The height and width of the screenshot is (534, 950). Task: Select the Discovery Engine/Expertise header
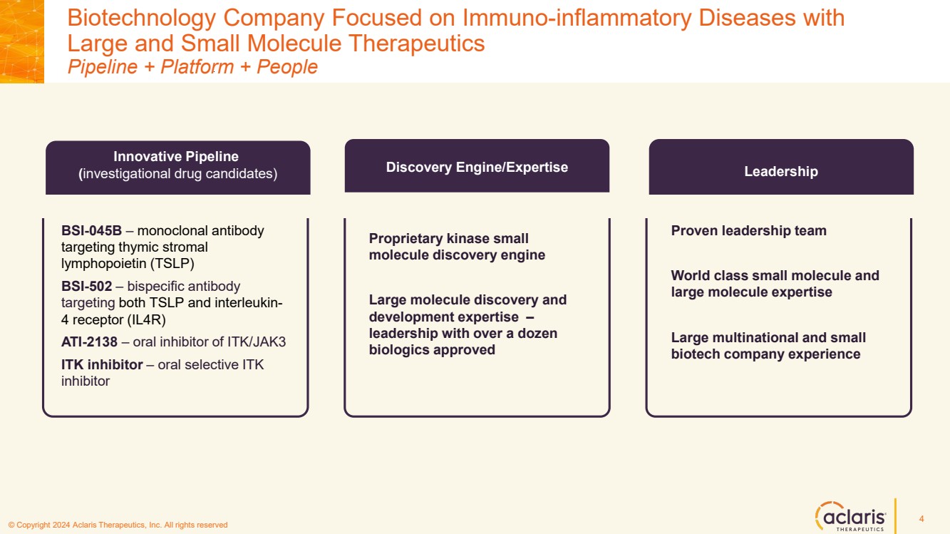(477, 167)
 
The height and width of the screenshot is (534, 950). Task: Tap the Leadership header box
(780, 171)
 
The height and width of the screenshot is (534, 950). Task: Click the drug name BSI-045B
(92, 231)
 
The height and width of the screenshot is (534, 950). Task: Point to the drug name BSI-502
(87, 287)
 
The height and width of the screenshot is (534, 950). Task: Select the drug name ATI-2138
(89, 342)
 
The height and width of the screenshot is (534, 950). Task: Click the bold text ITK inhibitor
(102, 365)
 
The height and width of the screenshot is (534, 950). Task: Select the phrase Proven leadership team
(748, 231)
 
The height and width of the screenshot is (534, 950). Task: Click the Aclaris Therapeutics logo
(850, 515)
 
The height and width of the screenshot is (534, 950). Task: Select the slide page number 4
(921, 518)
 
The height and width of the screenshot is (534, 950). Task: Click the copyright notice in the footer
(118, 525)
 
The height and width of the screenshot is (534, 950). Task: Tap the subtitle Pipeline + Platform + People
(192, 67)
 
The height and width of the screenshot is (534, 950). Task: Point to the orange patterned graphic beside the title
(22, 41)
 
